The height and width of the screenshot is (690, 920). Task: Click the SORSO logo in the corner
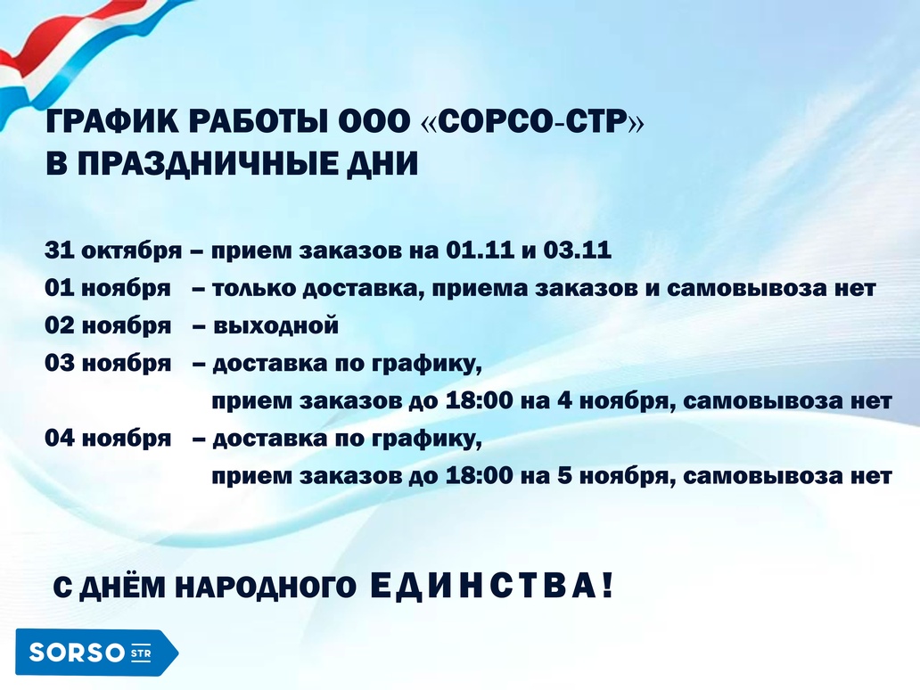pos(97,652)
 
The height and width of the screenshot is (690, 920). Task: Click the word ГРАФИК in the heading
pos(111,121)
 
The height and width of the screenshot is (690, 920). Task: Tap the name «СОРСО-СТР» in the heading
pos(533,121)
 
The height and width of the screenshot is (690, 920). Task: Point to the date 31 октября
pos(113,251)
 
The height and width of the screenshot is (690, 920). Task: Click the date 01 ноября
pos(108,288)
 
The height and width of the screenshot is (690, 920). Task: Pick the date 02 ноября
pos(108,325)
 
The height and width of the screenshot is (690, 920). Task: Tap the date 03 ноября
pos(108,363)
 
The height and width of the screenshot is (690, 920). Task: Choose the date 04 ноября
pos(108,439)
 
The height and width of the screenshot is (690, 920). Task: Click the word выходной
pos(275,325)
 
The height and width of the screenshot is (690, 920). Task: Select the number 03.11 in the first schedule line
pos(578,250)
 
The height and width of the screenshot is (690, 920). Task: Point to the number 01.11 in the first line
pos(480,250)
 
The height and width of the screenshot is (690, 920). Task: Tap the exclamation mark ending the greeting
pos(607,585)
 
